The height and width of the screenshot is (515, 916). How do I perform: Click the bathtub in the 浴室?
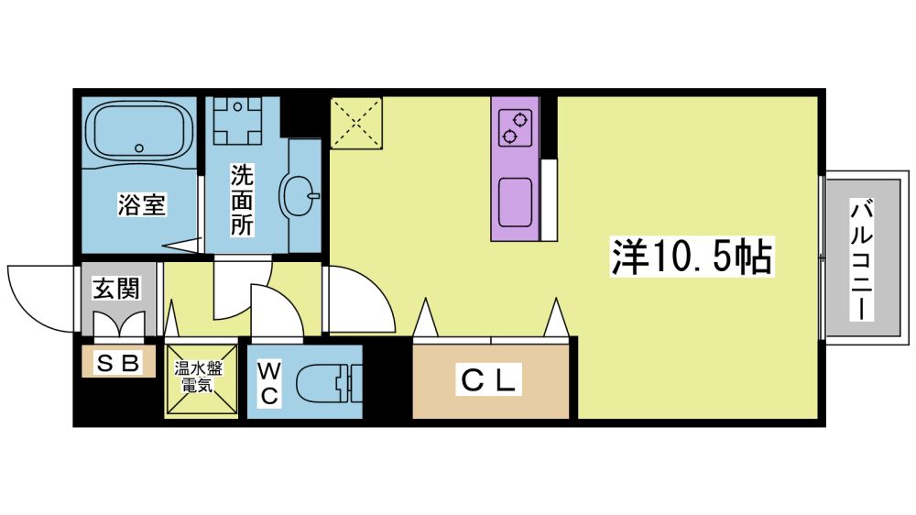pos(139,132)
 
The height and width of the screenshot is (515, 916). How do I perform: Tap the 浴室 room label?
pos(142,204)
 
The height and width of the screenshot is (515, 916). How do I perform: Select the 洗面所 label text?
pos(242,201)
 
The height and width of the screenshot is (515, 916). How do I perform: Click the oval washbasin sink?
pos(300,196)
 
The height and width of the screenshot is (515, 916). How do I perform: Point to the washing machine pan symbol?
pos(237,120)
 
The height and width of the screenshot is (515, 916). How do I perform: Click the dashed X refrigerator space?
pos(356,124)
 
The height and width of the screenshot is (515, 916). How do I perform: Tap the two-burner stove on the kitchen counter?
pos(515,127)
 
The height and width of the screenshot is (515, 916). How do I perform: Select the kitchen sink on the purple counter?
pos(515,202)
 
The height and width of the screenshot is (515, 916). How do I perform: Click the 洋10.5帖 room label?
pos(692,257)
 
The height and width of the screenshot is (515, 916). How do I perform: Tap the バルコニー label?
pos(862,259)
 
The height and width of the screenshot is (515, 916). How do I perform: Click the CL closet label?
pos(488,380)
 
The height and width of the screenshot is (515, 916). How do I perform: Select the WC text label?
pos(268,383)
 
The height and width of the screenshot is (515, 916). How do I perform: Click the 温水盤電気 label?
pos(198,377)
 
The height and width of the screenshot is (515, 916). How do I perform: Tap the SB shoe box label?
pos(117,363)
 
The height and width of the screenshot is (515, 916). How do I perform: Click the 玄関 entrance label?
pos(117,288)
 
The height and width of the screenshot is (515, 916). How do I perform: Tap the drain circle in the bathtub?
pos(139,148)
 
